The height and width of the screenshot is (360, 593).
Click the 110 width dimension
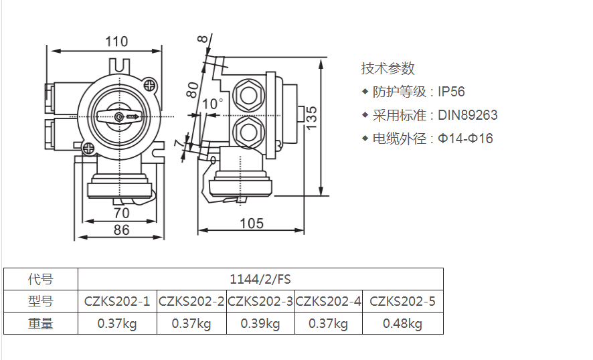coord(116,41)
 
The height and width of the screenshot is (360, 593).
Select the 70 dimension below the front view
coord(120,213)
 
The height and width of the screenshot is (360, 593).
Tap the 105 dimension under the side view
coord(251,223)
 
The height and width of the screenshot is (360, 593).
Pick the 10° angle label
coord(213,104)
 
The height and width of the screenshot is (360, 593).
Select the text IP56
coord(451,92)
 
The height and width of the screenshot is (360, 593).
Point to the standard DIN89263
coord(468,115)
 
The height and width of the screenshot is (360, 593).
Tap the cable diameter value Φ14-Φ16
coord(465,139)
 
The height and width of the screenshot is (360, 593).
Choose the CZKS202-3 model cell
coord(260,302)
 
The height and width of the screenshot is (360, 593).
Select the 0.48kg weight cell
coord(402,324)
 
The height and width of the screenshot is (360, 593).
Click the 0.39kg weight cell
coord(260,324)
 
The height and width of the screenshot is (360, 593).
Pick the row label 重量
coord(41,324)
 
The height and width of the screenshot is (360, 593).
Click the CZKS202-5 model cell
coord(402,302)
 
